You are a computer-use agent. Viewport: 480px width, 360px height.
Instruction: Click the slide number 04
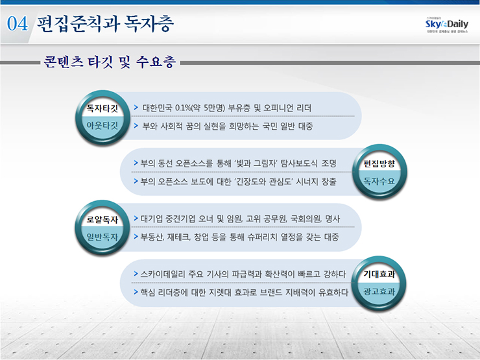point(17,23)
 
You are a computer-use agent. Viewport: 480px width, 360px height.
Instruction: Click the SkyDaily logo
point(447,25)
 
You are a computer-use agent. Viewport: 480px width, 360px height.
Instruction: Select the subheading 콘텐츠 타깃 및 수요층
point(110,62)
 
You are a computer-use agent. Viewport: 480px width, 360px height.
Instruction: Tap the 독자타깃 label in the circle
point(102,108)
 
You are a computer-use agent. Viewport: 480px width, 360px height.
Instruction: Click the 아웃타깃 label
point(102,125)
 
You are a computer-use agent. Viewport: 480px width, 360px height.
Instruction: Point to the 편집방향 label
point(379,163)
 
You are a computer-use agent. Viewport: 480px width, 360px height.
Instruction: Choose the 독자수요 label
point(379,181)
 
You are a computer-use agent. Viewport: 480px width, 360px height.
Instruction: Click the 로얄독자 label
point(102,219)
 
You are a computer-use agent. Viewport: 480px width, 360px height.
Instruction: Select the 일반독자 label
point(102,237)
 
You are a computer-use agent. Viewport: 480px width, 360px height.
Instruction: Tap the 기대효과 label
point(379,274)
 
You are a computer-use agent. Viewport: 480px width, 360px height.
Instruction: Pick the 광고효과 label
point(379,292)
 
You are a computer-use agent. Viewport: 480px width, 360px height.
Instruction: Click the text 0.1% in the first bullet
point(183,108)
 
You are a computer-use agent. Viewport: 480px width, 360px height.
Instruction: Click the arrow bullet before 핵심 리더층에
point(136,292)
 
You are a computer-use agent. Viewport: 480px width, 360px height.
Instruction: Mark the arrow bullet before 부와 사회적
point(136,126)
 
